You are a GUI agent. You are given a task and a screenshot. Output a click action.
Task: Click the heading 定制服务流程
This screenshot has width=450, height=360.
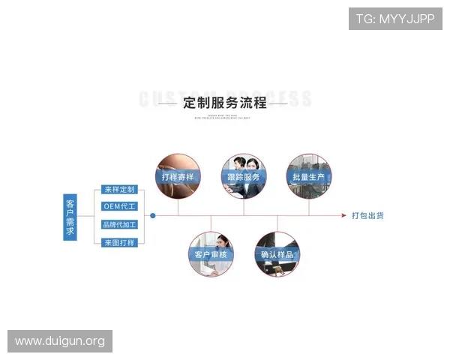(x=224, y=102)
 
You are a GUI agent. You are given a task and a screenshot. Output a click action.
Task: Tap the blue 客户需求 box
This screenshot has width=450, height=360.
(x=70, y=217)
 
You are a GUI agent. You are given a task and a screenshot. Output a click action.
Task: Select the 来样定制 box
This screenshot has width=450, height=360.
(x=120, y=190)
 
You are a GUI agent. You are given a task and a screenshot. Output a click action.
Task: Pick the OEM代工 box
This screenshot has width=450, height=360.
(x=120, y=207)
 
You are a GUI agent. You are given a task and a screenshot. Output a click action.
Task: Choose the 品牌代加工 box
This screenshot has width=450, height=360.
(x=120, y=224)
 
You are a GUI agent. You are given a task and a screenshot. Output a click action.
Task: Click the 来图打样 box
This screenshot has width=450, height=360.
(x=120, y=242)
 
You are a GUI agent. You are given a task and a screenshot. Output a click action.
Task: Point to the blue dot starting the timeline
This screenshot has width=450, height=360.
(x=153, y=216)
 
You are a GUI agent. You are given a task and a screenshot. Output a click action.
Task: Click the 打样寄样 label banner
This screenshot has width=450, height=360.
(x=178, y=177)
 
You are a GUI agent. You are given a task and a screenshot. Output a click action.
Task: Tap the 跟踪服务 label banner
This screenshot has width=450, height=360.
(x=244, y=177)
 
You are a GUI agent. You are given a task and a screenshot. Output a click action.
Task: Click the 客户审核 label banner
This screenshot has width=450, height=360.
(x=211, y=255)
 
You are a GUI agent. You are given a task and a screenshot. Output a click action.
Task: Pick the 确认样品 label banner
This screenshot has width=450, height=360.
(x=277, y=255)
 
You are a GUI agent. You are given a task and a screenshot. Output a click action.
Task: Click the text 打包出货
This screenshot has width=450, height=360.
(x=367, y=216)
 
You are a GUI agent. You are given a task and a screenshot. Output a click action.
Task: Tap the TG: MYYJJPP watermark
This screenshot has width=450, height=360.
(x=394, y=19)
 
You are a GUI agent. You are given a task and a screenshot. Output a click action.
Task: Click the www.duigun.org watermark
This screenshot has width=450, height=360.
(x=60, y=341)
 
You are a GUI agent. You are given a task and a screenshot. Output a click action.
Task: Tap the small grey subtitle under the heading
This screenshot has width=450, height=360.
(x=224, y=117)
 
